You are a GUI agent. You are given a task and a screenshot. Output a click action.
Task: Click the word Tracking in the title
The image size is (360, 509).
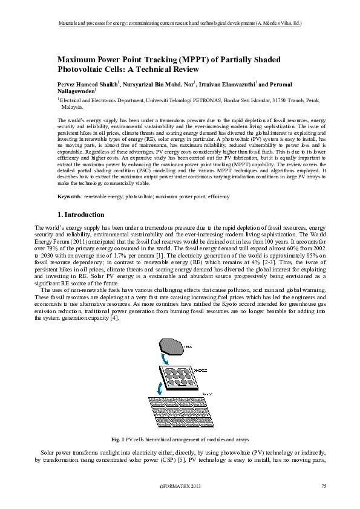pyautogui.click(x=155, y=59)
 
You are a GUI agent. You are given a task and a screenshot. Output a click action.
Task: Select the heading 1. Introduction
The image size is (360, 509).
pyautogui.click(x=80, y=215)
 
